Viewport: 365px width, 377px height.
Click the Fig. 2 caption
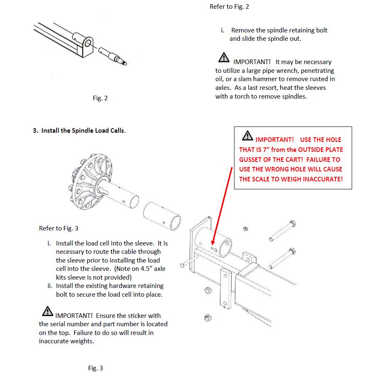tap(100, 98)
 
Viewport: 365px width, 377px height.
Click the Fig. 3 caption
tap(95, 368)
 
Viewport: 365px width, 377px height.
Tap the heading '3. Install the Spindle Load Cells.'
tap(79, 131)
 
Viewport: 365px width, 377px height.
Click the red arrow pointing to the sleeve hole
tap(222, 206)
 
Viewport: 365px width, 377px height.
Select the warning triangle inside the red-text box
tap(247, 136)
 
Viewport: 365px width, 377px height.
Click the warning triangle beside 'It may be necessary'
tap(224, 57)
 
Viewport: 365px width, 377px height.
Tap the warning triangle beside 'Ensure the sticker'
tap(47, 311)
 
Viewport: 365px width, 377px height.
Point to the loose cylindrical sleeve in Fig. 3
tap(162, 216)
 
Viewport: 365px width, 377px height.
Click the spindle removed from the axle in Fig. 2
tap(112, 56)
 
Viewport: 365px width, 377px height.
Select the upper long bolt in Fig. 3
tap(282, 231)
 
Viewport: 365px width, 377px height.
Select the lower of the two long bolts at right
tap(282, 258)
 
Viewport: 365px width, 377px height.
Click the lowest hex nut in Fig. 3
tap(208, 318)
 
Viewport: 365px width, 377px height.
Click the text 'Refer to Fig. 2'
tap(229, 7)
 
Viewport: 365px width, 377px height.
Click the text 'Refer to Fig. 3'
tap(59, 228)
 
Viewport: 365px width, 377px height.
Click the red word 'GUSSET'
tap(250, 160)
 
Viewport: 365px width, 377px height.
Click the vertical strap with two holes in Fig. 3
tap(225, 288)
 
